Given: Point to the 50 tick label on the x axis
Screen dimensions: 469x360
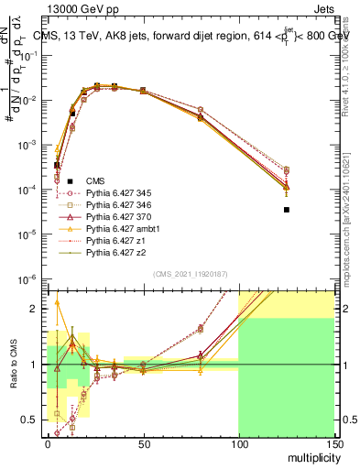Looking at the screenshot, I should (142, 442).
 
